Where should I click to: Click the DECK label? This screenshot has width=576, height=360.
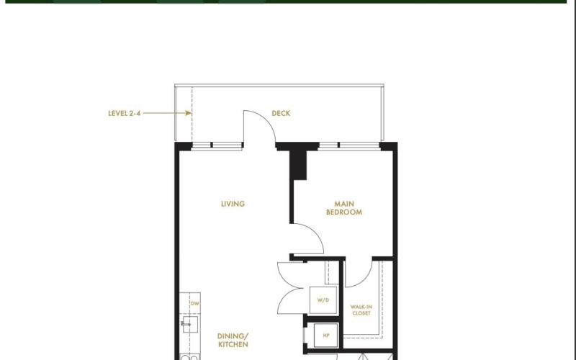pos(281,113)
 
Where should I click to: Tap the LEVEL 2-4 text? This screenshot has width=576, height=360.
pos(124,113)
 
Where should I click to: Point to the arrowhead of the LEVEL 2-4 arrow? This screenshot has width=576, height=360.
pos(189,113)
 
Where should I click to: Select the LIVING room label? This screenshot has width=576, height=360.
pos(233,204)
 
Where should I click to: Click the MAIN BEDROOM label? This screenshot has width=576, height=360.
pos(344,208)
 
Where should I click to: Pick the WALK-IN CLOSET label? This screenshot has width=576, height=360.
pos(361,310)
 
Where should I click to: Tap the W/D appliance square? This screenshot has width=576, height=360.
pos(323,300)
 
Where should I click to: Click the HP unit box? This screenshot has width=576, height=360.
pos(326,336)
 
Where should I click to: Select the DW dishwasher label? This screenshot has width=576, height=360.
pos(195,303)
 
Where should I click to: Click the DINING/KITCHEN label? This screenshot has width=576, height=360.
pos(233,340)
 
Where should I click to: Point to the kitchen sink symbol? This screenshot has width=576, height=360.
pos(189,325)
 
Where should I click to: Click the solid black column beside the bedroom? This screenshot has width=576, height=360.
pos(298,165)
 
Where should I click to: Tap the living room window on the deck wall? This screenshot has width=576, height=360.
pos(217,146)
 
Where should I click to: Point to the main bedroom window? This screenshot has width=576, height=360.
pos(349,146)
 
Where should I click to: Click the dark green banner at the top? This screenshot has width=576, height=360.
pos(286,1)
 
